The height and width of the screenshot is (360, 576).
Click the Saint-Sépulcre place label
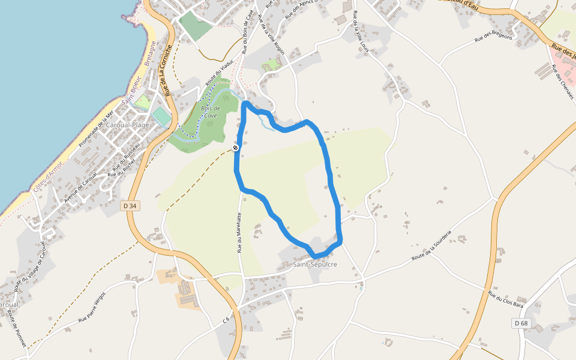315,264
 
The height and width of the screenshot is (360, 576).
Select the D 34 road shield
129,206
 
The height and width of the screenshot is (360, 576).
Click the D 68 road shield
521,323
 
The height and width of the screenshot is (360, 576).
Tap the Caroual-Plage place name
127,125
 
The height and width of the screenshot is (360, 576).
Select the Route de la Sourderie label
431,246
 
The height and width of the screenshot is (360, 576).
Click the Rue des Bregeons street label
493,38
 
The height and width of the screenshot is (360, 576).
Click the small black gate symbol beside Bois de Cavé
236,147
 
